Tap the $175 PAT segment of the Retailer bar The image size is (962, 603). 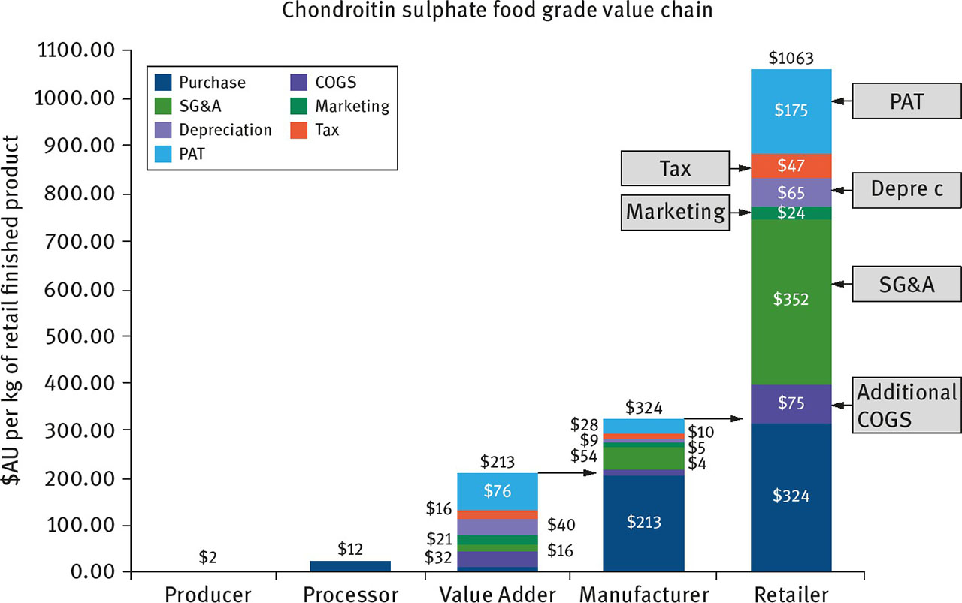click(x=791, y=110)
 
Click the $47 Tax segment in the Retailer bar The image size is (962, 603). click(x=791, y=165)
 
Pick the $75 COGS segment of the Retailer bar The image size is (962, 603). click(x=791, y=404)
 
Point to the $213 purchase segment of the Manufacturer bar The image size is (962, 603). click(x=643, y=522)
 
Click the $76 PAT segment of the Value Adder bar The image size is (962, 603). click(x=497, y=491)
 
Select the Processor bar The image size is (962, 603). click(x=350, y=566)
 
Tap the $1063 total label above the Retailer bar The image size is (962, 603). click(x=791, y=58)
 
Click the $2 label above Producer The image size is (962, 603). click(x=209, y=557)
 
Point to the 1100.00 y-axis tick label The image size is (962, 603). click(x=75, y=51)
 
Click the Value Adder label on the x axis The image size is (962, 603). click(x=497, y=595)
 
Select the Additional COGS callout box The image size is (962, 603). click(x=906, y=406)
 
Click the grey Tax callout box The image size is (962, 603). click(x=674, y=168)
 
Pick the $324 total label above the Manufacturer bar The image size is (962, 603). click(x=643, y=409)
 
